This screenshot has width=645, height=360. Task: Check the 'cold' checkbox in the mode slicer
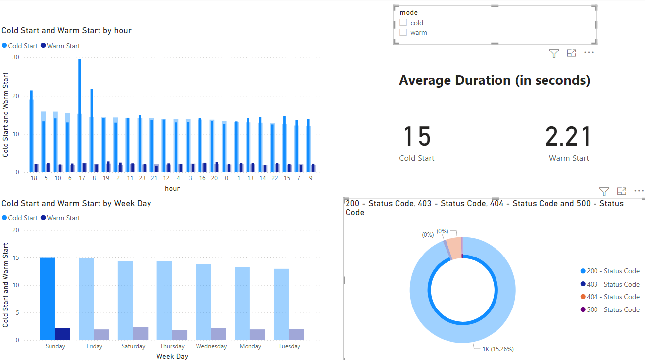[x=403, y=23]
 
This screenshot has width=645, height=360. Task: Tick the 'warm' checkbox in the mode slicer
[x=403, y=32]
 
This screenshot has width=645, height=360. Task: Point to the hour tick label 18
[x=34, y=178]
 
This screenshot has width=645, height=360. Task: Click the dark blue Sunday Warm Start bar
[x=62, y=334]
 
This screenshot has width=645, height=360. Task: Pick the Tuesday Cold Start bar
[x=281, y=304]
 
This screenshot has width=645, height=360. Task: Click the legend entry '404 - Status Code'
[x=613, y=297]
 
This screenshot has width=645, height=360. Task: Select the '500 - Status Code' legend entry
[x=613, y=309]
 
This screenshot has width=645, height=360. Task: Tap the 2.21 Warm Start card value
[x=568, y=137]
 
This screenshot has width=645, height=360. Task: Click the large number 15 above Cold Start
[x=416, y=137]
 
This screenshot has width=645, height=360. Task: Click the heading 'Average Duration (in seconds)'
[x=495, y=80]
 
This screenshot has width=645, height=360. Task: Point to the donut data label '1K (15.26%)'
[x=498, y=349]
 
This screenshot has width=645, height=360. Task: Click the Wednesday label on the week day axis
[x=211, y=346]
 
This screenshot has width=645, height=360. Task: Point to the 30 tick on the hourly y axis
[x=16, y=57]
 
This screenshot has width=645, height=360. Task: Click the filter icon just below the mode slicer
[x=554, y=53]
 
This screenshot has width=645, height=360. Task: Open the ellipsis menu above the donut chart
[x=639, y=191]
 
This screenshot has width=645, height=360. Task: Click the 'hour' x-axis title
[x=172, y=188]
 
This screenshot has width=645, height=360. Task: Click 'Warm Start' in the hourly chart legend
[x=63, y=46]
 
